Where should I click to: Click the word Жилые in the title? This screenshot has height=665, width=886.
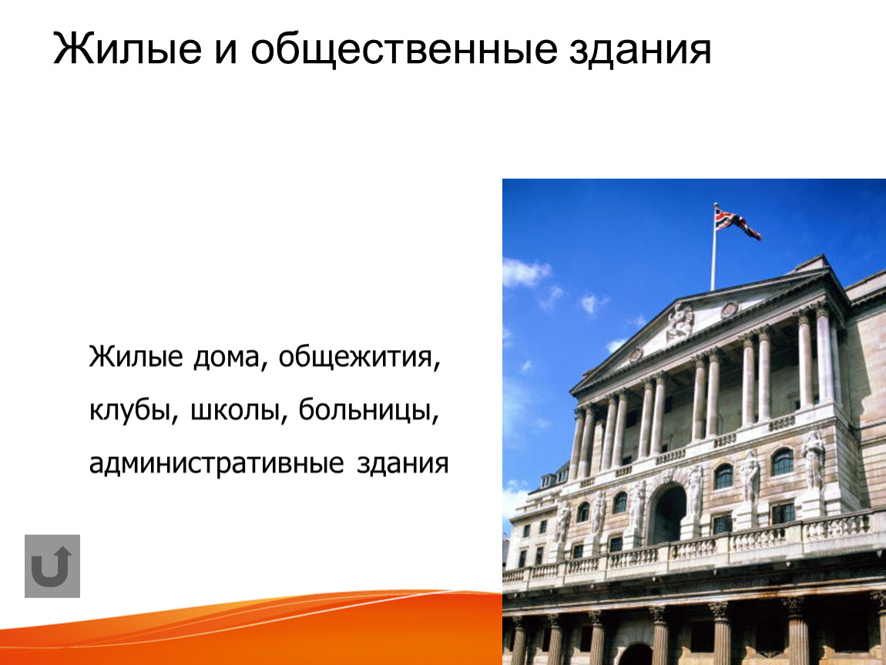(x=127, y=49)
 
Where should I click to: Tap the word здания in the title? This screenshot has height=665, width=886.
(x=639, y=49)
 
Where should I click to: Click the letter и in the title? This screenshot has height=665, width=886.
(x=226, y=52)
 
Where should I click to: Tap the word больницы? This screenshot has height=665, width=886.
(x=368, y=410)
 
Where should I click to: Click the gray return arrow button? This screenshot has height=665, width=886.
(x=52, y=566)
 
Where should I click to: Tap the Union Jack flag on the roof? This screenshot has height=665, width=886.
(x=737, y=222)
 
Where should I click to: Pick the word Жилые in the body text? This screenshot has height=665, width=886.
(x=136, y=357)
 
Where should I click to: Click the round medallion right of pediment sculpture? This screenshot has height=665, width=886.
(x=729, y=309)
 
